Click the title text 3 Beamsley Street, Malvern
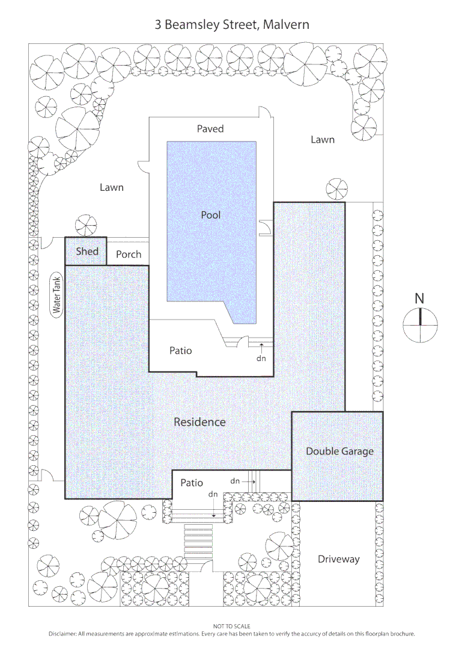[x=232, y=25]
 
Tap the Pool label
[x=211, y=215]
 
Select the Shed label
[x=87, y=251]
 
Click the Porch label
[x=129, y=255]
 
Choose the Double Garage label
[x=339, y=451]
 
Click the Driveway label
[x=339, y=559]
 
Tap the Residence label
[x=199, y=422]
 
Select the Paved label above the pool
[x=210, y=128]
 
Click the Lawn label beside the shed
[x=112, y=187]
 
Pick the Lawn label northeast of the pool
[x=323, y=140]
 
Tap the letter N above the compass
[x=420, y=298]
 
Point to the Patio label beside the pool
[x=180, y=350]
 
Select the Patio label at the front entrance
[x=192, y=483]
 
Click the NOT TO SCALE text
[x=232, y=627]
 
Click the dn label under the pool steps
[x=261, y=358]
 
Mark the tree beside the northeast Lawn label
[x=337, y=190]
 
